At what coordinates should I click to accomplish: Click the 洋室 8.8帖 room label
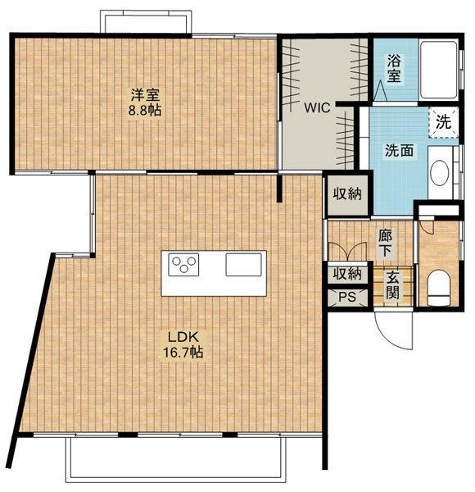pyautogui.click(x=145, y=102)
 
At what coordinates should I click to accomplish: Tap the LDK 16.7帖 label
pyautogui.click(x=183, y=345)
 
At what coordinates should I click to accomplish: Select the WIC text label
pyautogui.click(x=317, y=108)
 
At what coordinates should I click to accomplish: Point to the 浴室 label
pyautogui.click(x=394, y=68)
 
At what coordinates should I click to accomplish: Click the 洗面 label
pyautogui.click(x=399, y=151)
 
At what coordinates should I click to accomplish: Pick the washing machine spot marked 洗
pyautogui.click(x=444, y=121)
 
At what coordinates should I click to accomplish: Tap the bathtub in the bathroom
pyautogui.click(x=438, y=70)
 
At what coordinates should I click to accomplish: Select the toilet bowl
pyautogui.click(x=438, y=288)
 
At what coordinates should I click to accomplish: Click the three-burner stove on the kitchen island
pyautogui.click(x=183, y=265)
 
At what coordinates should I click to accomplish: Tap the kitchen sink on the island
pyautogui.click(x=244, y=265)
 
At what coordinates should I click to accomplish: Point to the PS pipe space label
pyautogui.click(x=347, y=297)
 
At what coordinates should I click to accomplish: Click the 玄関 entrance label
pyautogui.click(x=392, y=285)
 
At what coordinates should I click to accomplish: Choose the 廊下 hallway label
pyautogui.click(x=385, y=244)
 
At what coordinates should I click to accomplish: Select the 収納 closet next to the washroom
pyautogui.click(x=347, y=194)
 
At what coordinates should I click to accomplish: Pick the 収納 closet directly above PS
pyautogui.click(x=347, y=274)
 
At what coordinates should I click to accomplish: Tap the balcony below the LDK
pyautogui.click(x=176, y=459)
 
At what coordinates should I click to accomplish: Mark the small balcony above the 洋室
pyautogui.click(x=146, y=21)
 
